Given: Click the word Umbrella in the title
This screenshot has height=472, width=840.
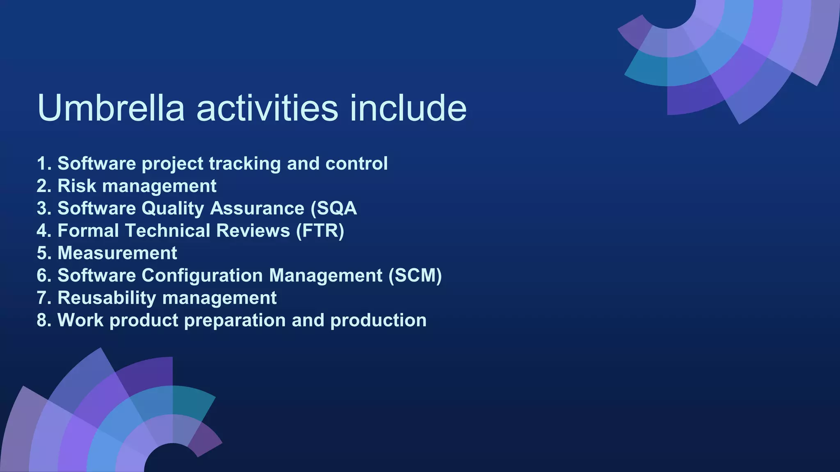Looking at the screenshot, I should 111,108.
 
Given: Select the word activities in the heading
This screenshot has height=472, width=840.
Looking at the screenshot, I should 267,108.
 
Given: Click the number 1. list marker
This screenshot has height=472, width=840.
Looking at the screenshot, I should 44,163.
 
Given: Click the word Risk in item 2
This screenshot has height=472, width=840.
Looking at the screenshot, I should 77,186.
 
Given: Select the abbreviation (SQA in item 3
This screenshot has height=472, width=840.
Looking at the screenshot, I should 333,209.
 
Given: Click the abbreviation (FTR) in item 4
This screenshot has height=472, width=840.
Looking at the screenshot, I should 320,231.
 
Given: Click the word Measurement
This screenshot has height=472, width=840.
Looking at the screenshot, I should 117,253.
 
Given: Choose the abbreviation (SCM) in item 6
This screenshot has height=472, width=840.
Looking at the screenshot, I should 415,275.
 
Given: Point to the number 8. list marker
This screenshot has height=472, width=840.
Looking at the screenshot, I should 44,320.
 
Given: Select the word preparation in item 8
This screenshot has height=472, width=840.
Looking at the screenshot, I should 235,320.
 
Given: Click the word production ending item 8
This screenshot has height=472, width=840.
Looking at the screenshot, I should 378,320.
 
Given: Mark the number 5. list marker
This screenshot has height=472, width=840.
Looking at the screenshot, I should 44,253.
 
